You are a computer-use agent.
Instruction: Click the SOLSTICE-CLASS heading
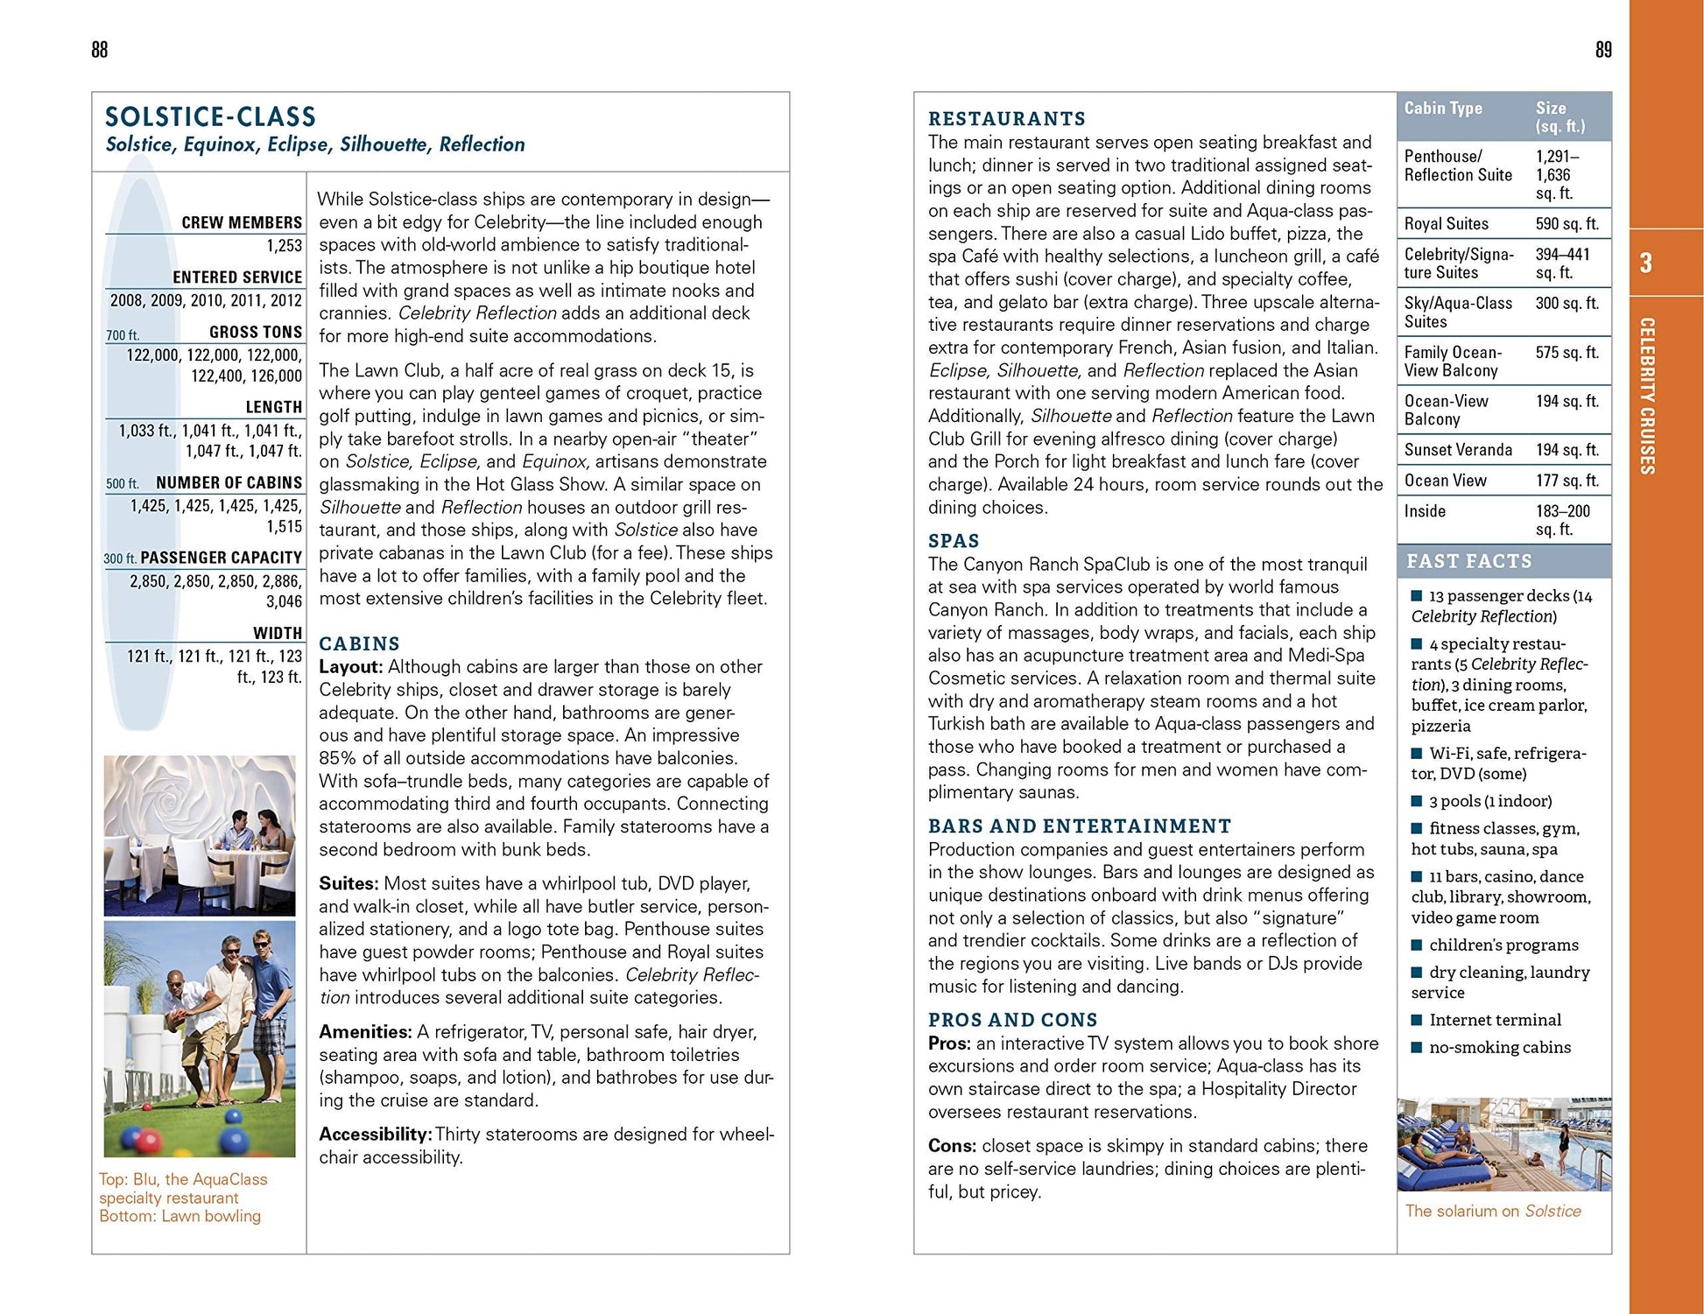coord(210,117)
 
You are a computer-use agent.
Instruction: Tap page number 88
coord(100,50)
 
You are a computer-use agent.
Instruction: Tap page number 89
coord(1603,50)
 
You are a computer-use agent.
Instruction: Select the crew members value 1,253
coord(285,246)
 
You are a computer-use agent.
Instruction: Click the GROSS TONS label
coord(256,333)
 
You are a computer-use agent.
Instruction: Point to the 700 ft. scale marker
coord(123,335)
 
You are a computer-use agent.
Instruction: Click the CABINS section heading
coord(359,643)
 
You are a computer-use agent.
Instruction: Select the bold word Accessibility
coord(375,1134)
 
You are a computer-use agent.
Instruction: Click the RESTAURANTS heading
coord(1006,119)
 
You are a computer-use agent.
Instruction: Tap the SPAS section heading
coord(954,541)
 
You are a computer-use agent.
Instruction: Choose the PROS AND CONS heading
coord(1012,1020)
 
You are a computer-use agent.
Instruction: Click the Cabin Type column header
coord(1443,109)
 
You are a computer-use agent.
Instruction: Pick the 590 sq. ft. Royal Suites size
coord(1567,224)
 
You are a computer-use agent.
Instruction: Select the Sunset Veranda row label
coord(1458,450)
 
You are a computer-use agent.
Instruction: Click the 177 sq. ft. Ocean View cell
coord(1567,481)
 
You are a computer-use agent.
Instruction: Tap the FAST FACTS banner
coord(1469,561)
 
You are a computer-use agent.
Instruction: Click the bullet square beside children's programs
coord(1417,945)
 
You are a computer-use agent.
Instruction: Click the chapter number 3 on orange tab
coord(1646,263)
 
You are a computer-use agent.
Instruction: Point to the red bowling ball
coord(146,1139)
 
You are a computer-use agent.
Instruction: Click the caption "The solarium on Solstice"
coord(1493,1211)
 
